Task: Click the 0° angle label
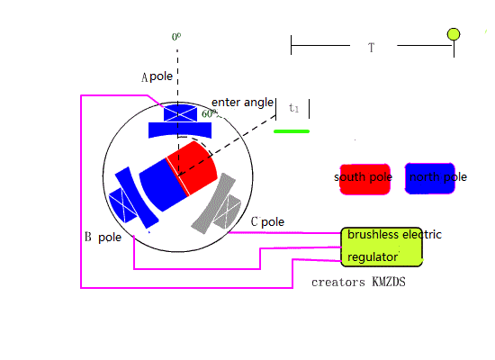point(176,37)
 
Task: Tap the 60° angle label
point(210,113)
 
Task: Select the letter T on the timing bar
point(371,48)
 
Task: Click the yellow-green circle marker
point(454,34)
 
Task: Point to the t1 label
point(293,108)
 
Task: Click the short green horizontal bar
point(292,131)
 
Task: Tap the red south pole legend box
point(364,179)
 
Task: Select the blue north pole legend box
point(430,178)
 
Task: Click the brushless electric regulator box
point(382,247)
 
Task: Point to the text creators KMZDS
point(358,282)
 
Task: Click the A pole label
point(157,76)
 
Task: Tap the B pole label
point(103,238)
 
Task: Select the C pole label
point(267,221)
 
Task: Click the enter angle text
point(242,103)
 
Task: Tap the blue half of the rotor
point(163,184)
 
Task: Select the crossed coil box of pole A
point(180,113)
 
